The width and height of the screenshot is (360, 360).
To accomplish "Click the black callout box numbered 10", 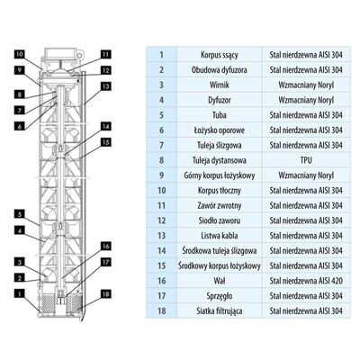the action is pos(20,54).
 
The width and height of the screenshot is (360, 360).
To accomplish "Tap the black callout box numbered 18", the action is pos(106,294).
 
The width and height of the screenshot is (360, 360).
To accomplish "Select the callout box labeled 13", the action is pos(106,86).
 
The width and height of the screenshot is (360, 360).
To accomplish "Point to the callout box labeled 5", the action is pos(20,214).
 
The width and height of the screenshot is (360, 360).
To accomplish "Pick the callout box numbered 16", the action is pos(106,247).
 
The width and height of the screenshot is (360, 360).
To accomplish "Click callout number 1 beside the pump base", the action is pos(20,293).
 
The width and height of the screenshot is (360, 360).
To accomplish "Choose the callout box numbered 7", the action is pos(20,111).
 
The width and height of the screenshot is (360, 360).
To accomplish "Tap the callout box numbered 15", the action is pos(106,142).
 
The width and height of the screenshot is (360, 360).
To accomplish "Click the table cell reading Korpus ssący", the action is pos(220,55).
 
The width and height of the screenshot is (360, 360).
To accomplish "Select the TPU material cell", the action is pos(306,160).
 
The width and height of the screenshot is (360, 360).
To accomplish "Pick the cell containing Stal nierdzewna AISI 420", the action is pos(306,281).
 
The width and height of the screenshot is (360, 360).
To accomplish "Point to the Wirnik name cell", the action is pos(220,85).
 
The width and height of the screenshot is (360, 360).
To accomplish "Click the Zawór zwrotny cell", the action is pos(220,205).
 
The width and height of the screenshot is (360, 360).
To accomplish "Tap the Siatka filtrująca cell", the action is pos(220,310).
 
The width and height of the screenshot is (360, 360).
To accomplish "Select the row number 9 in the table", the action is pos(162,175).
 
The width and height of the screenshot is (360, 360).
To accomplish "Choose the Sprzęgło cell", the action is pos(220,296).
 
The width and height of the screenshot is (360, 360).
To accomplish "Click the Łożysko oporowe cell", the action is pos(220,130).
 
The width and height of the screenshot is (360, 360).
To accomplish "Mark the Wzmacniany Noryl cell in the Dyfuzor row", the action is pos(306,100).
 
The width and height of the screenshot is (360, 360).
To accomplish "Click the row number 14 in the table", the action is pos(162,250).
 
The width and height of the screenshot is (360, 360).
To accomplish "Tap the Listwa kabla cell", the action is pos(220,236).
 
